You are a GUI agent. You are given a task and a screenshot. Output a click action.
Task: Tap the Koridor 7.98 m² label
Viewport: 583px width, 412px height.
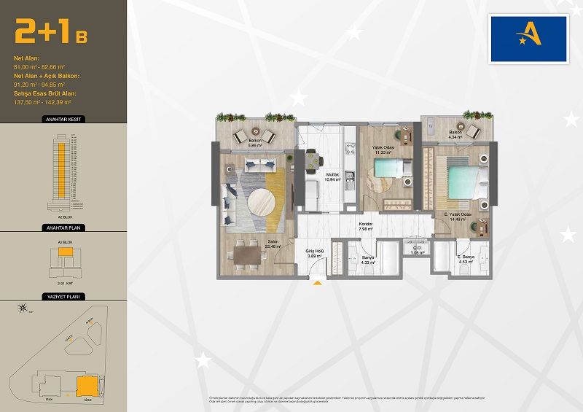(366, 227)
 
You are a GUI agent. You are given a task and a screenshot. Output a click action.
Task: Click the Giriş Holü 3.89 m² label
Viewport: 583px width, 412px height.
(314, 254)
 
